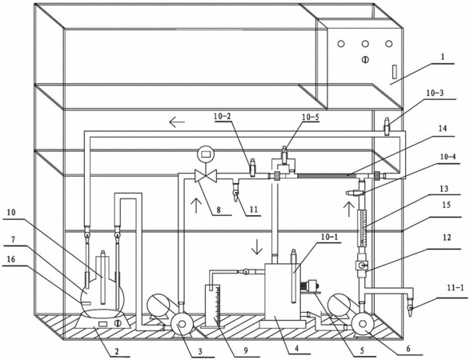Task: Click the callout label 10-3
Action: pyautogui.click(x=434, y=94)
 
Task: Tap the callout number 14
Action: pyautogui.click(x=443, y=129)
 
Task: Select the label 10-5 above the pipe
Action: pyautogui.click(x=311, y=117)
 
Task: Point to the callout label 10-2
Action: pyautogui.click(x=223, y=116)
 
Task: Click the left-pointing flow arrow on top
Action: pyautogui.click(x=177, y=122)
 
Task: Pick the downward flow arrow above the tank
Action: pyautogui.click(x=256, y=246)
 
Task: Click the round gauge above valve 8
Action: pyautogui.click(x=206, y=154)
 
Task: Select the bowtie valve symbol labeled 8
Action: pyautogui.click(x=206, y=176)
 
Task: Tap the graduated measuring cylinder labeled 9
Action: pyautogui.click(x=212, y=306)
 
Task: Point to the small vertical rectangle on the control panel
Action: pyautogui.click(x=395, y=71)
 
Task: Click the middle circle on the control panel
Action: pyautogui.click(x=365, y=44)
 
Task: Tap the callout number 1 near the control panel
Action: pyautogui.click(x=444, y=58)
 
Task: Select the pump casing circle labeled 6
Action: pyautogui.click(x=362, y=324)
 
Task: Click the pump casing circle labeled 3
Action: pyautogui.click(x=181, y=324)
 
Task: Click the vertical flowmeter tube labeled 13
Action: pyautogui.click(x=363, y=228)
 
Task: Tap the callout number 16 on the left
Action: pyautogui.click(x=10, y=259)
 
